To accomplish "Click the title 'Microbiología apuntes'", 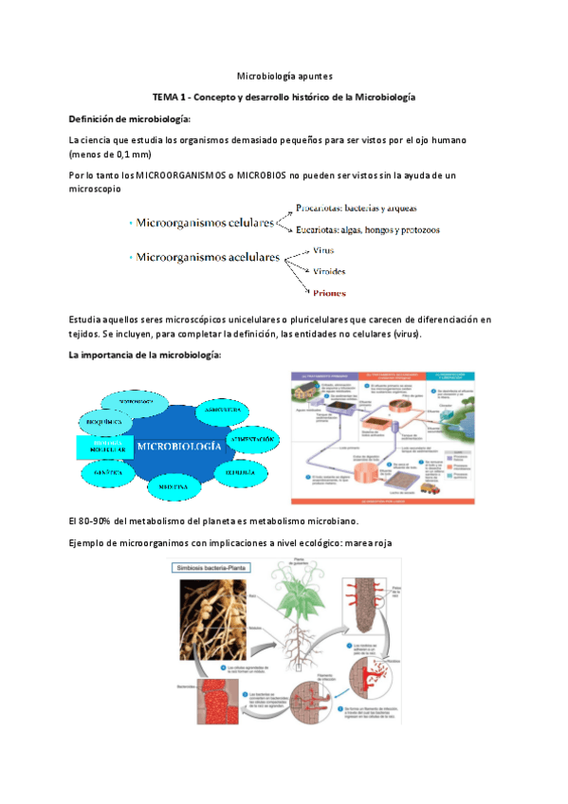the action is [284, 76].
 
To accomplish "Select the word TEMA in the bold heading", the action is [170, 98].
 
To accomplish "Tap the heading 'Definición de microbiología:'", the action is [130, 119].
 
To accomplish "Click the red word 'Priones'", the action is [330, 293].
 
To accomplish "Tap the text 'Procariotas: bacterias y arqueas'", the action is [356, 207].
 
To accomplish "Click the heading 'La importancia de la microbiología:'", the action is [145, 355].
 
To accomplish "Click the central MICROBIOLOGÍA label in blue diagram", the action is [179, 445].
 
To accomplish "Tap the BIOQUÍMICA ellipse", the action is [101, 418].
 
